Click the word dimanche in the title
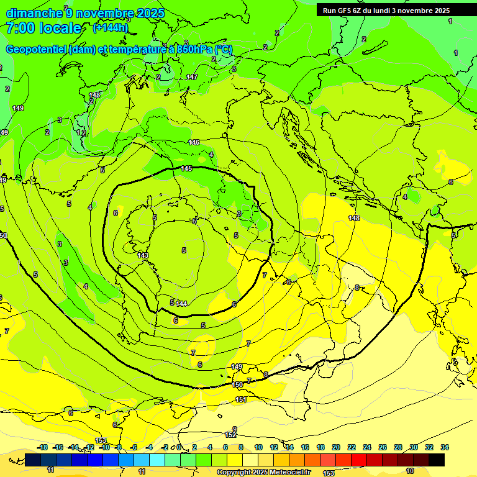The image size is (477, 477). point(34,13)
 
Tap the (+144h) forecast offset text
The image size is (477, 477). point(111,28)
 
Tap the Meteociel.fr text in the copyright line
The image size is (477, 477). point(289,473)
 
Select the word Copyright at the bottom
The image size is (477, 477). point(235,473)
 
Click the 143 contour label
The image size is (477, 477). point(143,255)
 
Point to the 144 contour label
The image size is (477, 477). point(181,303)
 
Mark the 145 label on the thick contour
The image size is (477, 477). point(187,168)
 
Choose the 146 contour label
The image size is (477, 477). point(194,142)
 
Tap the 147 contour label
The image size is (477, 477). point(192,77)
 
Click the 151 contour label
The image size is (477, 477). point(241,399)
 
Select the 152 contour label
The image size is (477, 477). point(230,435)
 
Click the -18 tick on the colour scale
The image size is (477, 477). point(43,447)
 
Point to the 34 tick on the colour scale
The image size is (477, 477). point(444,447)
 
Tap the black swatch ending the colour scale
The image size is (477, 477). point(437,460)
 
